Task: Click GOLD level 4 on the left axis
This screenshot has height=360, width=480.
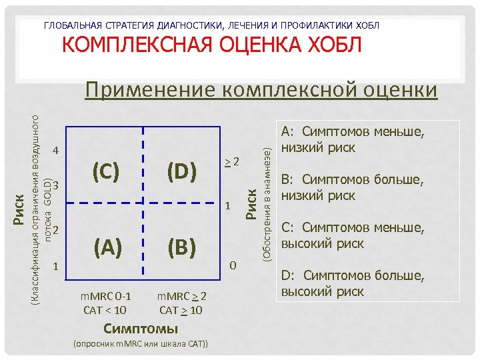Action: coord(56,150)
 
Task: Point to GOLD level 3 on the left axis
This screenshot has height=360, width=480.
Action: coord(56,184)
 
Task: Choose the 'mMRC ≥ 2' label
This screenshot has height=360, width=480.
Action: coord(181,296)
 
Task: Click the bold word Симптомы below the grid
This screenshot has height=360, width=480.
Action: coord(141,328)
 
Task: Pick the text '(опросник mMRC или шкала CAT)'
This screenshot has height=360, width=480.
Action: coord(141,344)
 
